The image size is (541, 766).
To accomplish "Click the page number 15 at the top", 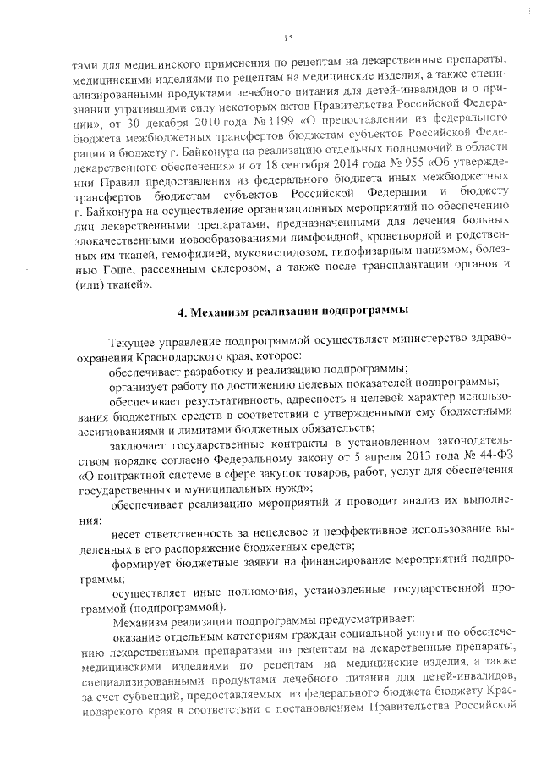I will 287,37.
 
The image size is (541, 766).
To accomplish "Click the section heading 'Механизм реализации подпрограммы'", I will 287,311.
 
